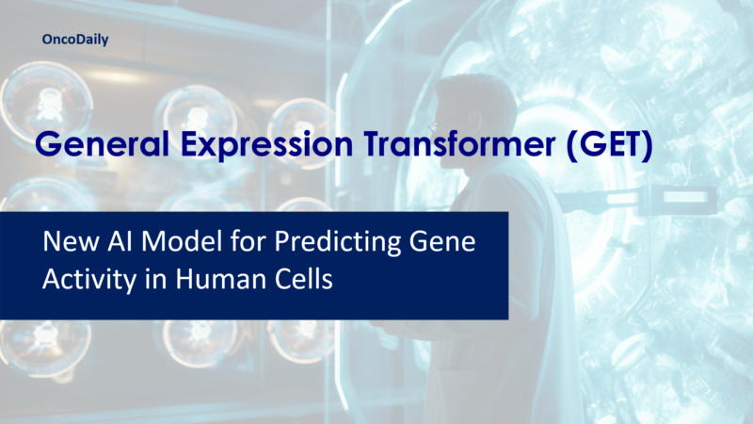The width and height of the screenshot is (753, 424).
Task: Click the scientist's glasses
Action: [x=436, y=125]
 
